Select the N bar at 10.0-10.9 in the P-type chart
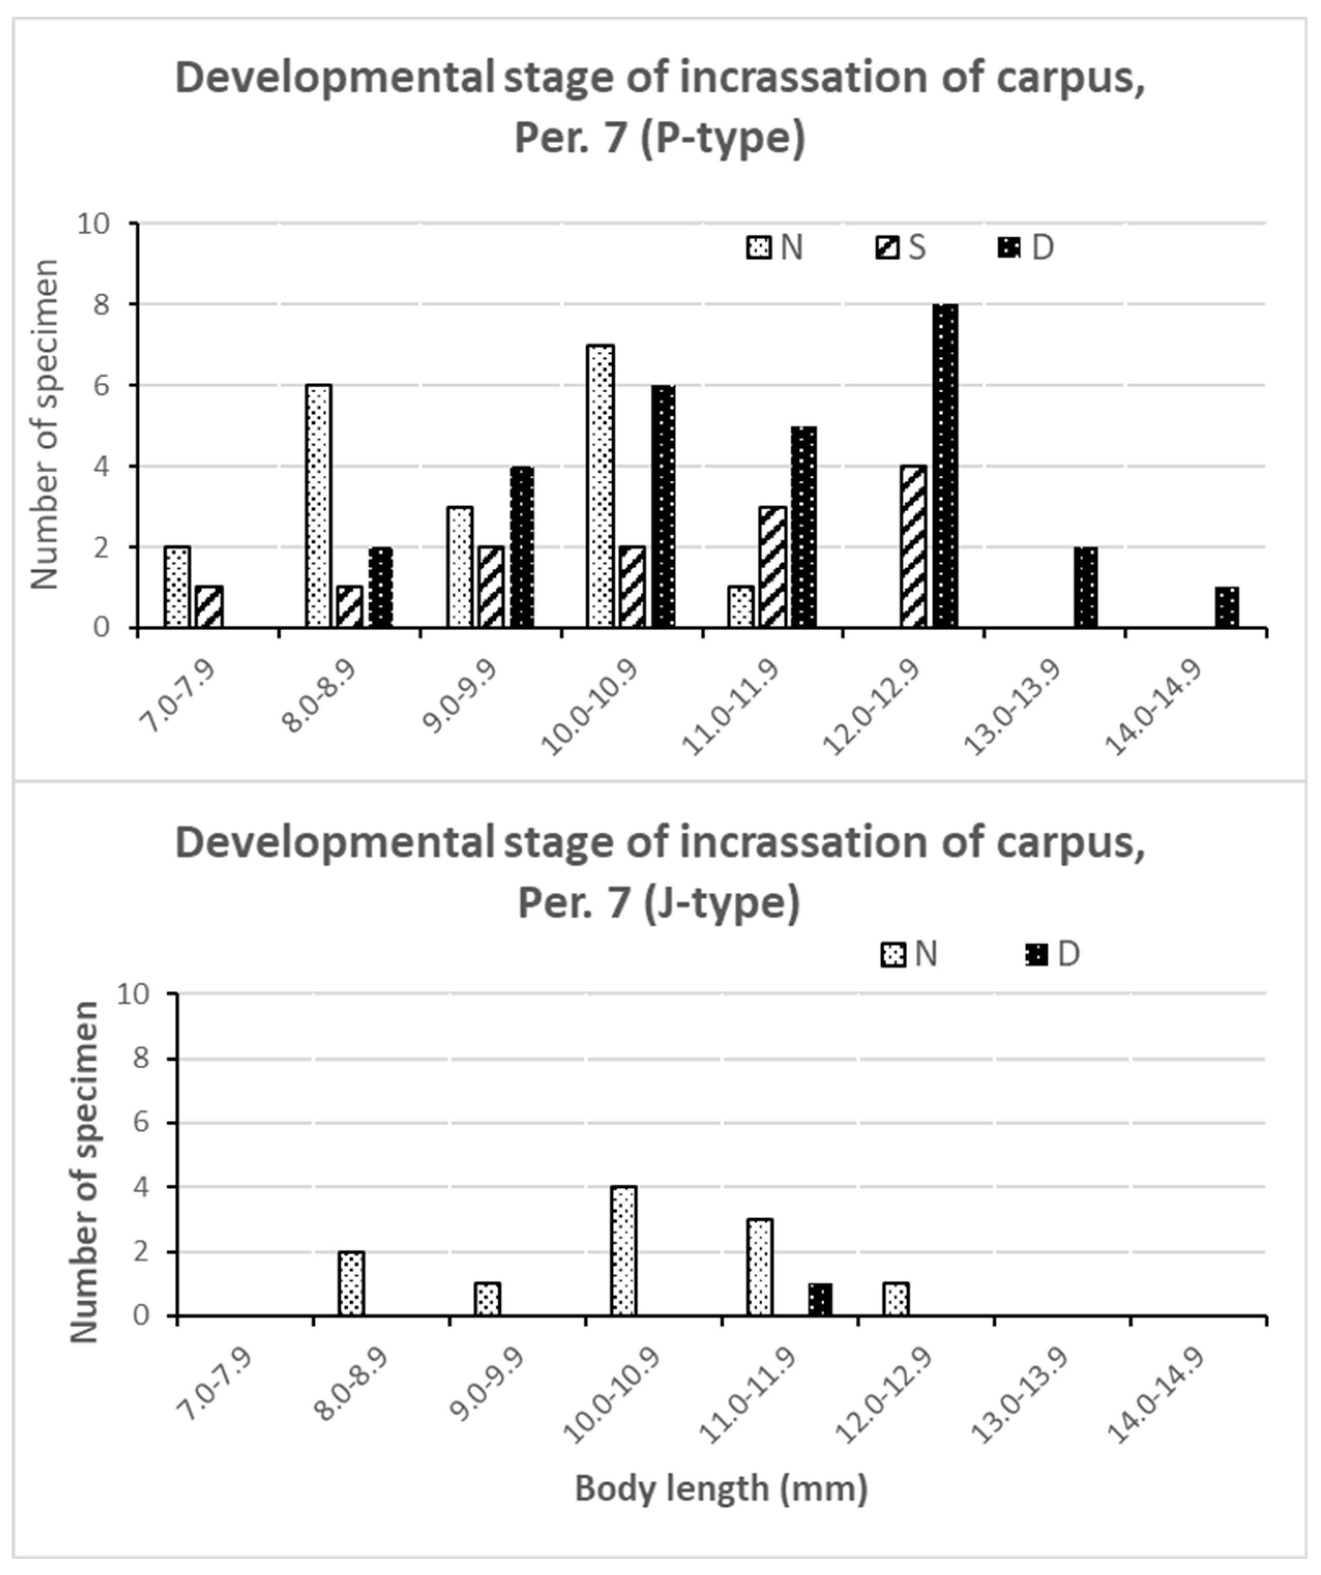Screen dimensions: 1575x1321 coord(601,486)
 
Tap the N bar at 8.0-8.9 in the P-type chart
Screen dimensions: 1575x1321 coord(319,506)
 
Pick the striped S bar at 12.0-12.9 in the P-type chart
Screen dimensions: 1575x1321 coord(913,547)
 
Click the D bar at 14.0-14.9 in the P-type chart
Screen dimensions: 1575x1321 coord(1226,607)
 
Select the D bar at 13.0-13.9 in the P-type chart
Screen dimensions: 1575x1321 coord(1086,587)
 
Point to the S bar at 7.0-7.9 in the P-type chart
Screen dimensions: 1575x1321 coord(209,607)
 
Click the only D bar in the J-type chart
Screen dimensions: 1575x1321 coord(820,1300)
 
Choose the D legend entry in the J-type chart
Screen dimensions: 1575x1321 coord(1053,954)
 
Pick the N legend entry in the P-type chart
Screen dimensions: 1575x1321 coord(776,247)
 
